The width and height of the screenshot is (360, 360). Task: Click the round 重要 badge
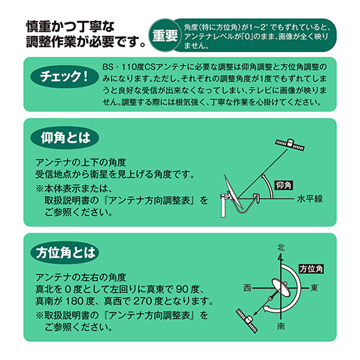[x=165, y=35]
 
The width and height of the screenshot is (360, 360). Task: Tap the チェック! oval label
[x=64, y=76]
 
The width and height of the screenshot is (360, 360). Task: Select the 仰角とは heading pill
[x=65, y=138]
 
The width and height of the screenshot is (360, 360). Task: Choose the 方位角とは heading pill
[x=65, y=253]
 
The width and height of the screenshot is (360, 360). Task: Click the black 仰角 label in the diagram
[x=284, y=185]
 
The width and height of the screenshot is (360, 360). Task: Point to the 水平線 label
[x=310, y=199]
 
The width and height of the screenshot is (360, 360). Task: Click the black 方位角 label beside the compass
[x=311, y=269]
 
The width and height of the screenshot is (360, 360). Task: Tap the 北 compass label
[x=281, y=248]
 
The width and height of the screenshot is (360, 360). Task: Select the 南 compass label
[x=281, y=326]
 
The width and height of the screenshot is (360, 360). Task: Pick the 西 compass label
[x=248, y=288]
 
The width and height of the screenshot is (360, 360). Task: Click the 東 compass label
[x=314, y=288]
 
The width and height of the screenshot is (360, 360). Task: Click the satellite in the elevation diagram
[x=289, y=145]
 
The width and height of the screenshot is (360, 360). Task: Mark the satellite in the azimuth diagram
[x=247, y=320]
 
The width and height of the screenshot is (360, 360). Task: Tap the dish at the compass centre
[x=282, y=288]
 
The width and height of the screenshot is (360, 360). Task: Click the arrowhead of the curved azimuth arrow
[x=266, y=309]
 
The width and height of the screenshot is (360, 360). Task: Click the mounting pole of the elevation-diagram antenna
[x=223, y=206]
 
